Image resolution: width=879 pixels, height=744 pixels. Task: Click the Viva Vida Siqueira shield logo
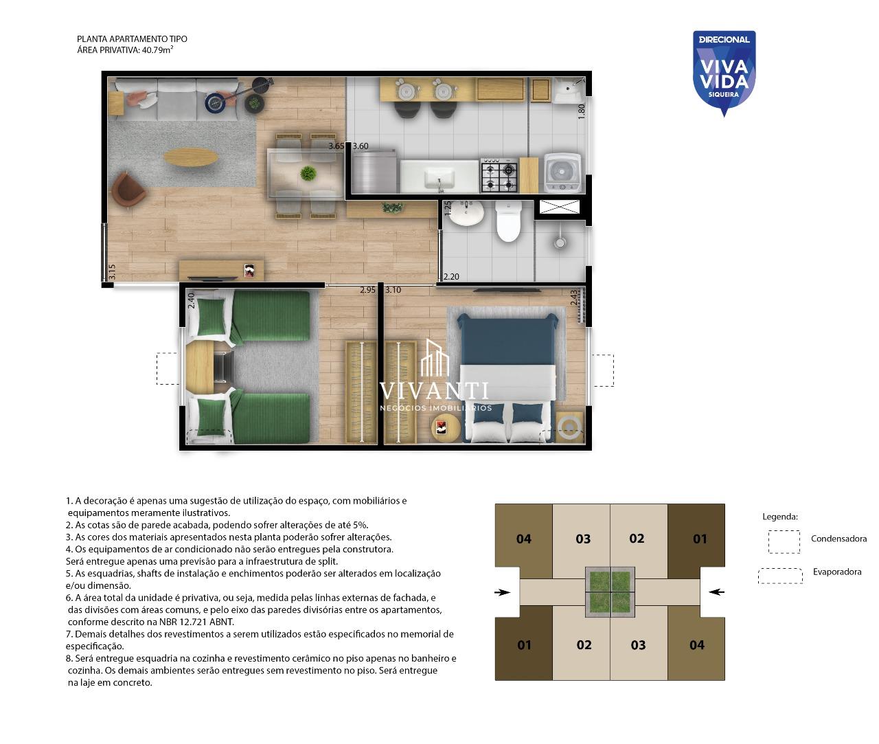pyautogui.click(x=724, y=72)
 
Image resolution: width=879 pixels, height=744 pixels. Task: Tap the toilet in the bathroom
pyautogui.click(x=509, y=221)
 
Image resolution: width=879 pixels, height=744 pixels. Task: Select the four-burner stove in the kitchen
pyautogui.click(x=499, y=174)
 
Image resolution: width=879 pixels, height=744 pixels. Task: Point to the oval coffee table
pyautogui.click(x=191, y=157)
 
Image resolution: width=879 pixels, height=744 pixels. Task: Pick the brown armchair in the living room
pyautogui.click(x=128, y=190)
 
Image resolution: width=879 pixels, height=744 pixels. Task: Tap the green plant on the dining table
pyautogui.click(x=308, y=174)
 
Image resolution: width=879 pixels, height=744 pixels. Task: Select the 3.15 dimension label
pyautogui.click(x=112, y=271)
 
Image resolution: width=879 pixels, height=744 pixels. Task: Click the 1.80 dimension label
pyautogui.click(x=582, y=111)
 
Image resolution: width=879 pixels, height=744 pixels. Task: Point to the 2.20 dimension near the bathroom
pyautogui.click(x=451, y=276)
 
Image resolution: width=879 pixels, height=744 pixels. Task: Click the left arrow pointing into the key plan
pyautogui.click(x=502, y=592)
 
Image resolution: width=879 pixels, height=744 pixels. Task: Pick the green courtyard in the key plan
pyautogui.click(x=610, y=591)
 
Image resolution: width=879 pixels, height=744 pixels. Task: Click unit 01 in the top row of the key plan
pyautogui.click(x=700, y=539)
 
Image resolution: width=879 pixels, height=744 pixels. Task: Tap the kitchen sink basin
pyautogui.click(x=439, y=177)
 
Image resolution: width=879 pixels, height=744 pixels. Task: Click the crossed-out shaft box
pyautogui.click(x=559, y=207)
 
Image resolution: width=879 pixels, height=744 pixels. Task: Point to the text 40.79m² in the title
pyautogui.click(x=157, y=49)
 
